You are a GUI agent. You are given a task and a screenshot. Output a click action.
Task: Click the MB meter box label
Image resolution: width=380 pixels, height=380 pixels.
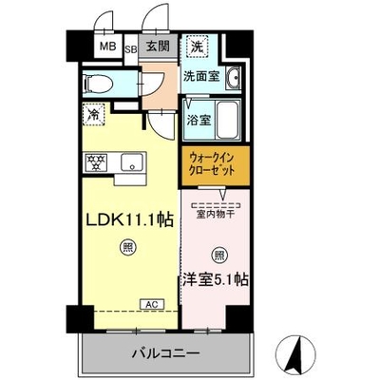(108, 47)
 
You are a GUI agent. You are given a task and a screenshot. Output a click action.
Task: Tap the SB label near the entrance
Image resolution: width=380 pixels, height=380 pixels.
(130, 49)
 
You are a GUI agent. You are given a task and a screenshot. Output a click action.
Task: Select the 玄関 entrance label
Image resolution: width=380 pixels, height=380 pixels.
(158, 47)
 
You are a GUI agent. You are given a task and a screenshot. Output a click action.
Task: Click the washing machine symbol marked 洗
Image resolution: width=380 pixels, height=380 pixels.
(197, 47)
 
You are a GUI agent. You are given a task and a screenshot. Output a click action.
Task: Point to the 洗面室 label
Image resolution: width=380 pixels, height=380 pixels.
(201, 77)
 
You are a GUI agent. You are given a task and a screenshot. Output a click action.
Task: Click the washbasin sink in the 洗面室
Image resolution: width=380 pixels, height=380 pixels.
(234, 78)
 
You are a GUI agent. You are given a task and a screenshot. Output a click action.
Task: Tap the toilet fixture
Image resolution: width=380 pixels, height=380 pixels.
(98, 84)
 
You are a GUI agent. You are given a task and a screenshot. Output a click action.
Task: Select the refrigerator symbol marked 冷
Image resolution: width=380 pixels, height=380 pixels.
(93, 114)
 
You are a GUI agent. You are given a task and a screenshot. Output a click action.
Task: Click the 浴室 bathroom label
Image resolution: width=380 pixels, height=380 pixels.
(199, 121)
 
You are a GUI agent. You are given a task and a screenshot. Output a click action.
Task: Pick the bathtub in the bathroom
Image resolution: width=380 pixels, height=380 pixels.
(227, 120)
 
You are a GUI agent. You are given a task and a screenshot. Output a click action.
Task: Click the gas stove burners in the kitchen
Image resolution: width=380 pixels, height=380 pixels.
(95, 162)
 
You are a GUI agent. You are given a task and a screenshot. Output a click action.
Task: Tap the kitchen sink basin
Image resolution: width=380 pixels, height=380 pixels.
(131, 162)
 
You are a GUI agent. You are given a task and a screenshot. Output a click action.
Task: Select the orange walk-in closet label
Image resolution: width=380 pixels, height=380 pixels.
(212, 164)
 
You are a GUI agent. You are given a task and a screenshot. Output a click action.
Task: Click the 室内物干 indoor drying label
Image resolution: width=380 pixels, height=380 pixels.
(216, 215)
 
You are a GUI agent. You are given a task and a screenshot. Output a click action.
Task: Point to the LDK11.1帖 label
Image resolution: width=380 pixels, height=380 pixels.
(130, 219)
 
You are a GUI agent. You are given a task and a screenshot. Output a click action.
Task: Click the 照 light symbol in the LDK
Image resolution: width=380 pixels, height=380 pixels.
(127, 247)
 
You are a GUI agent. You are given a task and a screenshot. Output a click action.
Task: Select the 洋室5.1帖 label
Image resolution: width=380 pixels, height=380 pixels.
(215, 279)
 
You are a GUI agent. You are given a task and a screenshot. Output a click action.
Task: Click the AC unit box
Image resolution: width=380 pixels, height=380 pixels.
(152, 304)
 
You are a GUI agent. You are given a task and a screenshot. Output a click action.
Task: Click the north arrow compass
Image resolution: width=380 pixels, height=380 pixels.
(296, 352)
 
